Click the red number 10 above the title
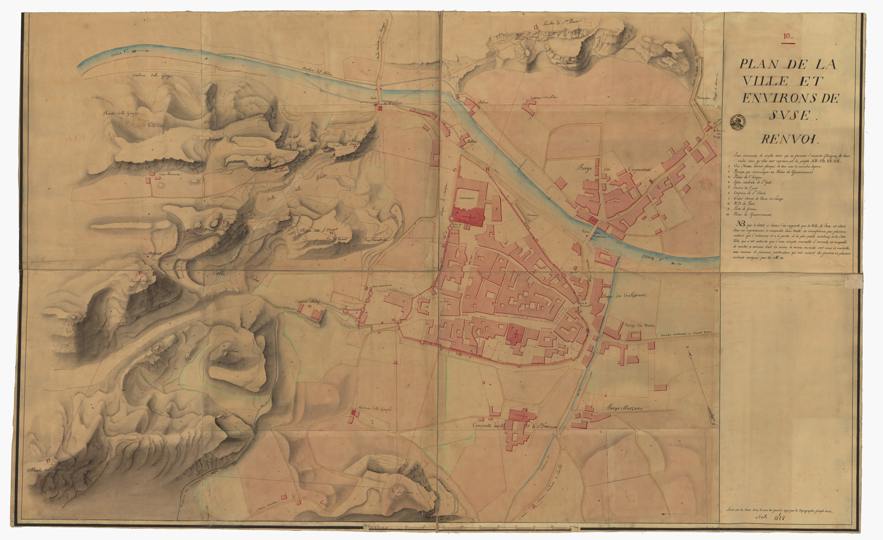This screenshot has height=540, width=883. pos(787,37)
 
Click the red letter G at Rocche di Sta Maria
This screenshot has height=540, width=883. pos(535,28)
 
